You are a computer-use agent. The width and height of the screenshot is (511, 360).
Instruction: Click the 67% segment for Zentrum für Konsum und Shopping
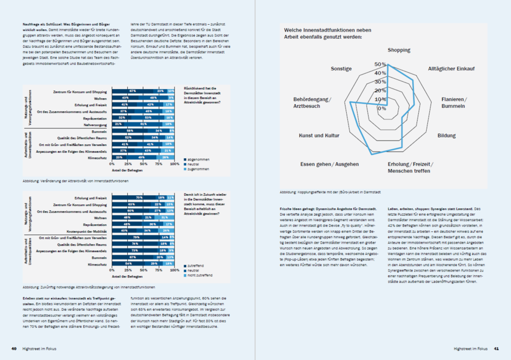coord(132,91)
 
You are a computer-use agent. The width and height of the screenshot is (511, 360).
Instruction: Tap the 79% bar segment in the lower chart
coord(136,237)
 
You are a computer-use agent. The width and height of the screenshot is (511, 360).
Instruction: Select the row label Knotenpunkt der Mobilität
coord(87,230)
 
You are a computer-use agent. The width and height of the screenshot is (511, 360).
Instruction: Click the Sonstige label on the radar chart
coord(341,69)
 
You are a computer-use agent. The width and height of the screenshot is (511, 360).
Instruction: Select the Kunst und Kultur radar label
coord(319,136)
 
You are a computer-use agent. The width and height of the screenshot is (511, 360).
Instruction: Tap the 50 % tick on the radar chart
coord(379,64)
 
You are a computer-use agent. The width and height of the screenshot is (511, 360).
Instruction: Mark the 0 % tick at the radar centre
coord(382,108)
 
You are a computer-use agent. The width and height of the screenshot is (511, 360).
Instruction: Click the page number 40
coord(13,348)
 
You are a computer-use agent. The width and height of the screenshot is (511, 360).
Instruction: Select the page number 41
coord(496,348)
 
